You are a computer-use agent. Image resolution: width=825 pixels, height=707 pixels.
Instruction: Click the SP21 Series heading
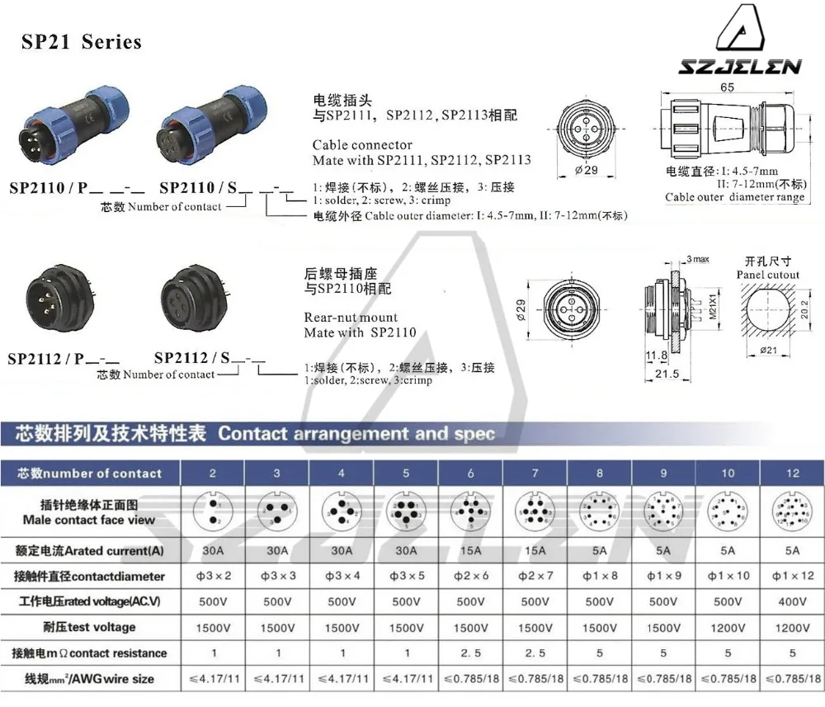(81, 42)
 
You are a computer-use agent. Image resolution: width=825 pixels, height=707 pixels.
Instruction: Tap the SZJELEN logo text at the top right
(739, 67)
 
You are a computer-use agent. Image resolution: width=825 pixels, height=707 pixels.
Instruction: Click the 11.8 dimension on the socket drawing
(656, 356)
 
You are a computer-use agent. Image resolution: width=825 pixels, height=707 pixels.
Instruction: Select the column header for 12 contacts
(792, 473)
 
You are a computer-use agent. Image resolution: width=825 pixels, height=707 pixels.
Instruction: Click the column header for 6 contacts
(470, 473)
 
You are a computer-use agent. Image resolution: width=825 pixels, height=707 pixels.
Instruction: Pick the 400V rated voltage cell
(792, 601)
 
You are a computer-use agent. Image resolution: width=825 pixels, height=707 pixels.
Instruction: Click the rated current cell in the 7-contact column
(535, 550)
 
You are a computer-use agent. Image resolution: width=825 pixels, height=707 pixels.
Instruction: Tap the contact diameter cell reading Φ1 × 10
(728, 576)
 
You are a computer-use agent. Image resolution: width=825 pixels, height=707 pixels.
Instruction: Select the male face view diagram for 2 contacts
(212, 511)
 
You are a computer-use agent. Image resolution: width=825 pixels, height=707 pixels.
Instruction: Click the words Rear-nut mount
(351, 317)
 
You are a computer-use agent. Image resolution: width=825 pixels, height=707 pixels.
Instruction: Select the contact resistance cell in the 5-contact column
(406, 653)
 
